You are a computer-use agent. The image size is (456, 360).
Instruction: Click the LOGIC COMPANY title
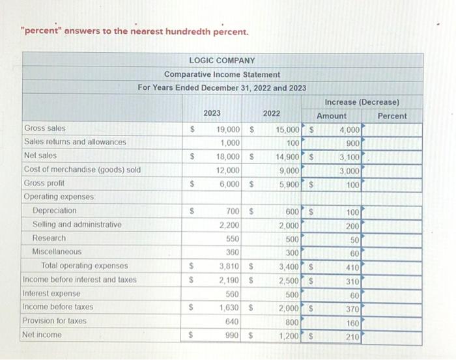[x=221, y=61]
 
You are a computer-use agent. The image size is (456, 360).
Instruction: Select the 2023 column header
[x=212, y=113]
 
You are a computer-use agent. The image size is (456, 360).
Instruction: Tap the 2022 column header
[x=272, y=113]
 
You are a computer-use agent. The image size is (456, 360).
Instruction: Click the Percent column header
[x=392, y=116]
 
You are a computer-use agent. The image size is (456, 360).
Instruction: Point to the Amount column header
[x=332, y=116]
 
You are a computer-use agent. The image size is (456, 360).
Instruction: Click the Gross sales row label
[x=44, y=128]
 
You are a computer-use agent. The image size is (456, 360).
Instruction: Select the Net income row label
[x=42, y=335]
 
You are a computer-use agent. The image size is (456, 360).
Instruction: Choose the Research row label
[x=49, y=238]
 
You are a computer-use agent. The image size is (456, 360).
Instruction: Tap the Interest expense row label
[x=49, y=293]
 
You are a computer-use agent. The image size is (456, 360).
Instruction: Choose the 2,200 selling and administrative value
[x=230, y=225]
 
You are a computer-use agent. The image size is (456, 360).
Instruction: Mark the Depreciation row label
[x=54, y=211]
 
